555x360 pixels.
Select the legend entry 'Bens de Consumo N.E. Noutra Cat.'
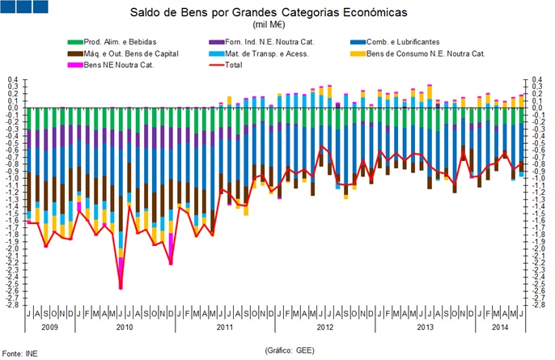coord(441,53)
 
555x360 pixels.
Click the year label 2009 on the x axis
coord(49,328)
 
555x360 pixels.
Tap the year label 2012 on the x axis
coord(324,328)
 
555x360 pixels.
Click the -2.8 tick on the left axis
coord(13,305)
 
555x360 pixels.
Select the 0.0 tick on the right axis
coord(536,107)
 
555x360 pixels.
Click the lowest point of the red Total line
coord(121,288)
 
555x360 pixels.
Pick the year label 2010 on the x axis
coord(125,328)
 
